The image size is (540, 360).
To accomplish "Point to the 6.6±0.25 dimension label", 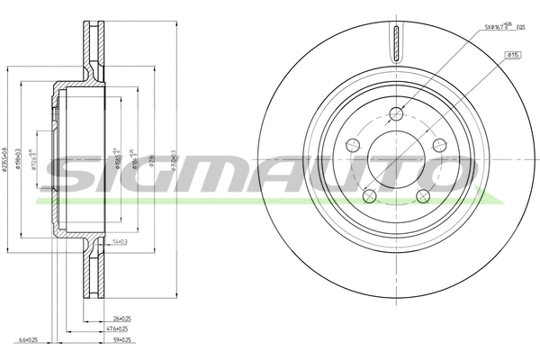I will point(26,340).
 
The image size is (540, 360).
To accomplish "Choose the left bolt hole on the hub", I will point(352,146).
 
